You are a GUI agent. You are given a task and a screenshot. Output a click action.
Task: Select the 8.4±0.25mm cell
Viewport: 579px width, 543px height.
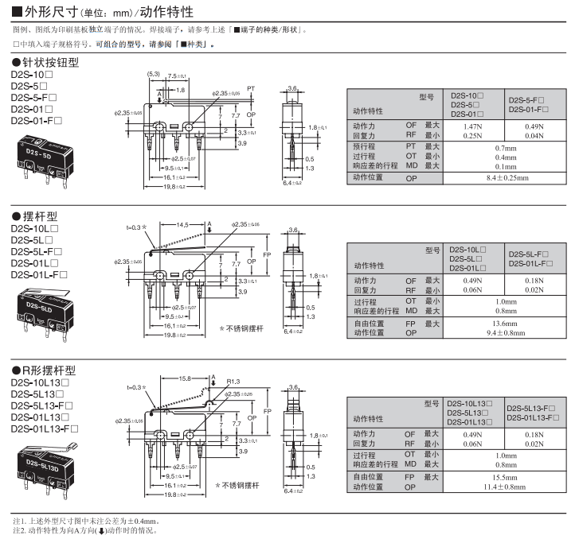coord(505,178)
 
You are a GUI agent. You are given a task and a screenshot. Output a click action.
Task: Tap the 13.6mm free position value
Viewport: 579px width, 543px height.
coord(505,324)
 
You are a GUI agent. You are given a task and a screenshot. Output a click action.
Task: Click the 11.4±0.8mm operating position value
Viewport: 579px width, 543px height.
coord(505,485)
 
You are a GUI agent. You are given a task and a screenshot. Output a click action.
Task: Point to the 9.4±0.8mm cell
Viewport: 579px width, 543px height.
coord(505,333)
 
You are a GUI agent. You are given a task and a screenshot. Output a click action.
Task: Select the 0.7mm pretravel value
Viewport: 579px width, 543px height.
coord(505,147)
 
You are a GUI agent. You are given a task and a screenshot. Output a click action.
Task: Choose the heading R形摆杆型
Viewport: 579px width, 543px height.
coord(45,370)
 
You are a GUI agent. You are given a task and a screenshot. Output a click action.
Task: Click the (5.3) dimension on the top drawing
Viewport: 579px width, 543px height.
coord(154,75)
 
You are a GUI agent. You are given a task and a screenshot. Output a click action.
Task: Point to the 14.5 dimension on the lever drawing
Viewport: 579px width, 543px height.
coord(183,226)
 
